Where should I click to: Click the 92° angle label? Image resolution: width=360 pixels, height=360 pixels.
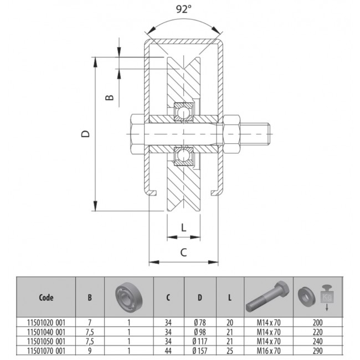coord(184,9)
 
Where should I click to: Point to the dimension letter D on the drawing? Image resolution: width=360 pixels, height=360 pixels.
coord(86,134)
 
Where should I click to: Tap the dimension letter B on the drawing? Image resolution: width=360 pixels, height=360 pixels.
coord(110,97)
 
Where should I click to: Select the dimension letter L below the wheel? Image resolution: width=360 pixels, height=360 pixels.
coord(184,228)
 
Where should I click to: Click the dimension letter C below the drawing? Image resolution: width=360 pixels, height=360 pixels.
coord(183,253)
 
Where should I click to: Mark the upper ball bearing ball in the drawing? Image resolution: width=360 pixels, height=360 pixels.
coord(183,112)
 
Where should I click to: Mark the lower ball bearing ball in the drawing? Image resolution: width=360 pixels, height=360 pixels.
coord(183,155)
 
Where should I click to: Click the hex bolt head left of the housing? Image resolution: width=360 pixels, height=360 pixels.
coord(137,134)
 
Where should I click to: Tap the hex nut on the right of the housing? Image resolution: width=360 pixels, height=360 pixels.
coord(232,134)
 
